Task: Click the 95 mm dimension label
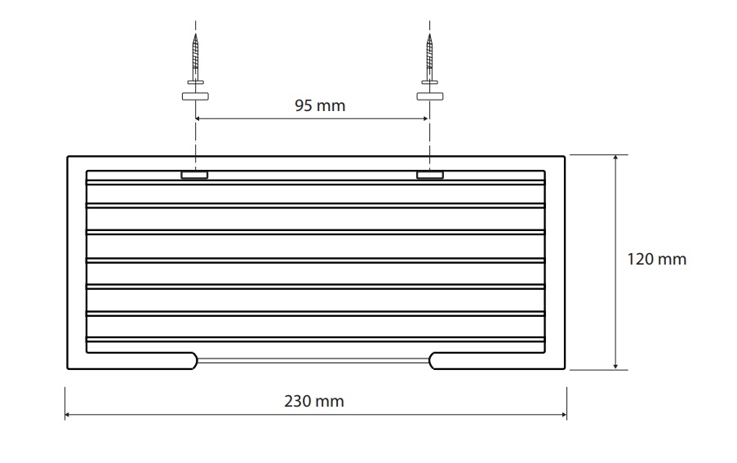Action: pos(320,105)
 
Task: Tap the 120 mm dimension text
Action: pos(657,259)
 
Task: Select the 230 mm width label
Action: pos(314,401)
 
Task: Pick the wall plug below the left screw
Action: pos(195,96)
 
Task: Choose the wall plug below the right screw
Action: pos(429,96)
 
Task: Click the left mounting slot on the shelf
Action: pos(194,175)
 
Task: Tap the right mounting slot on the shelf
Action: pos(429,175)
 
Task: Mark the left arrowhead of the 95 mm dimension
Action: pos(198,118)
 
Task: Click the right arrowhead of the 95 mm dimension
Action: pos(426,118)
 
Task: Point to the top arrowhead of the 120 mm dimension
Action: pos(615,158)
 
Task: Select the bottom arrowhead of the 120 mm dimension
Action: pos(615,366)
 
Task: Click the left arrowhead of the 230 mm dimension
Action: pos(68,415)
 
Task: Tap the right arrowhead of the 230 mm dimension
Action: pos(563,415)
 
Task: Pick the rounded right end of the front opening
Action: pos(431,361)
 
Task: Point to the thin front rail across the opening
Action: pos(313,361)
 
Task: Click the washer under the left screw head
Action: pos(195,82)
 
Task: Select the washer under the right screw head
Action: pos(429,82)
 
